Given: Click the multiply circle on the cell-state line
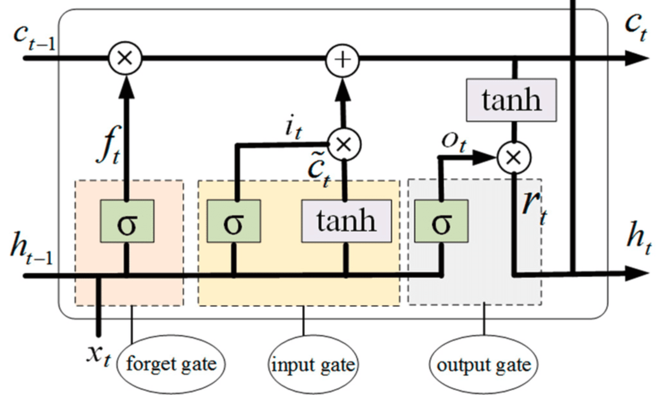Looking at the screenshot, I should tap(125, 59).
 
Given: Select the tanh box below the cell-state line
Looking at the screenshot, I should tap(511, 100).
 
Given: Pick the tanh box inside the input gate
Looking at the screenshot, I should tap(346, 221).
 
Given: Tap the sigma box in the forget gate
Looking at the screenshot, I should tap(127, 221).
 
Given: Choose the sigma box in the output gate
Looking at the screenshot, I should tap(441, 221).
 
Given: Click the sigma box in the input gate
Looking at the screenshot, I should tap(234, 221).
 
